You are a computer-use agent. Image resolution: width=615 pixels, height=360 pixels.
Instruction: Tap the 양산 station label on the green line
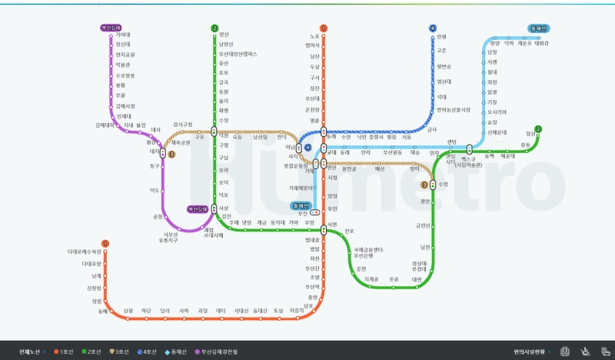point(224,35)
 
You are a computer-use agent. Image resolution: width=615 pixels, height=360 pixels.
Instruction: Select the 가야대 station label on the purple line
point(123,35)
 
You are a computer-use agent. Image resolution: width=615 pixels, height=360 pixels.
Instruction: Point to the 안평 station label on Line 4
point(441,36)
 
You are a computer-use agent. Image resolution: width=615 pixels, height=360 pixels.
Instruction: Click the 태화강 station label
point(541,44)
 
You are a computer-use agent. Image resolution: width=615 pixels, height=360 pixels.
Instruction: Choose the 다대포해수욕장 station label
point(85,252)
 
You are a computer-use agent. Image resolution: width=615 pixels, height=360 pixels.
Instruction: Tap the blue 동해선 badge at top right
point(538,28)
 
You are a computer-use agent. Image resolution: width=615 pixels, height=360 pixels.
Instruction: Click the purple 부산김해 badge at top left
point(111,28)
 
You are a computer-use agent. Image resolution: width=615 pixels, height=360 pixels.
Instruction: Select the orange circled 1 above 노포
point(324,28)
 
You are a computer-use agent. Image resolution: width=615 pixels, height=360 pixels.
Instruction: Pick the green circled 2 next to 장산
point(538,129)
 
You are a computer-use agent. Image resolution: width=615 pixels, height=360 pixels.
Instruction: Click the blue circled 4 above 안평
point(432,28)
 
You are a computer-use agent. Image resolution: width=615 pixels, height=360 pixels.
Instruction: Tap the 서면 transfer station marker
point(324,226)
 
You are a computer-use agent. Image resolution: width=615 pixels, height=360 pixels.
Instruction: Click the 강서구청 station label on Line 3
point(183,124)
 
